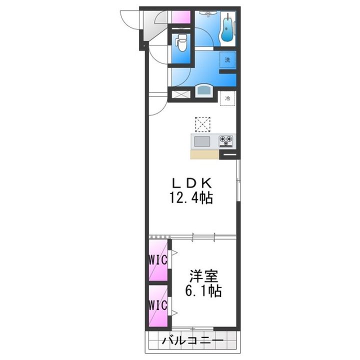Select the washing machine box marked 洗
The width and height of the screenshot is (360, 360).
[227, 60]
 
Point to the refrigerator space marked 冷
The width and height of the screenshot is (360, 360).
[227, 98]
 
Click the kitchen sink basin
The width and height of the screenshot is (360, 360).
[202, 141]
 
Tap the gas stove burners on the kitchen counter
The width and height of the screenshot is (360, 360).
[226, 140]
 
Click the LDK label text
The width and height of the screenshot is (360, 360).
[191, 183]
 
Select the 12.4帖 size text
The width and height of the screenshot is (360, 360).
[191, 197]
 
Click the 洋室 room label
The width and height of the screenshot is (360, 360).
[203, 276]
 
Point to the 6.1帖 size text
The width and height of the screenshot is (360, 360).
[203, 291]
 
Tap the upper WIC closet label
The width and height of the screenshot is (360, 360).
[158, 260]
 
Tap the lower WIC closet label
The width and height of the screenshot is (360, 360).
[158, 305]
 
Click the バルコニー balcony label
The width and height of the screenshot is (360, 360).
[192, 340]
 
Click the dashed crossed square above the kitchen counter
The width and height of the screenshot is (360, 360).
[202, 124]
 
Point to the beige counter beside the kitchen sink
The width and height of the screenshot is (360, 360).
[205, 154]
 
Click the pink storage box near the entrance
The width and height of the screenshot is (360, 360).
[181, 17]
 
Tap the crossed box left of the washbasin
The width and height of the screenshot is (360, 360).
[181, 94]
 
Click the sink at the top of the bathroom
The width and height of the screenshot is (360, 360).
[208, 14]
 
